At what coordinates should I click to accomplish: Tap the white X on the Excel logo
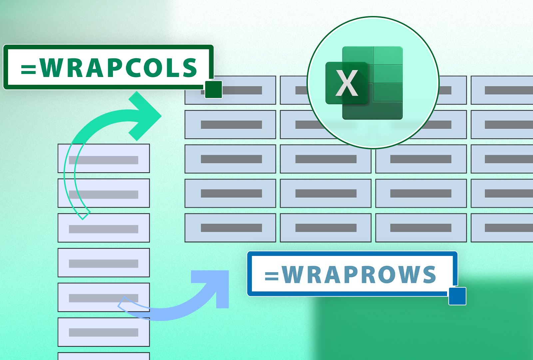click(347, 83)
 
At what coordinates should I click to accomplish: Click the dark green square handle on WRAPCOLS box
click(214, 89)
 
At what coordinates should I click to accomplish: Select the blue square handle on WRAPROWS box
click(457, 296)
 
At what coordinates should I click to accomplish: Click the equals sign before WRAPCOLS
click(28, 69)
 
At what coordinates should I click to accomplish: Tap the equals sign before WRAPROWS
click(271, 276)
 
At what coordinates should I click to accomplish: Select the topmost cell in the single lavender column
click(104, 158)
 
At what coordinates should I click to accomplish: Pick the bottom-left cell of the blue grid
click(230, 228)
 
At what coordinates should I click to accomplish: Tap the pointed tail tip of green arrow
click(83, 217)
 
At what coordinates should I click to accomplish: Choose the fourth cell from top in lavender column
click(104, 263)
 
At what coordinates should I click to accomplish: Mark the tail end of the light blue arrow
click(122, 304)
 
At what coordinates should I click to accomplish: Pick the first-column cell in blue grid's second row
click(230, 124)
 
